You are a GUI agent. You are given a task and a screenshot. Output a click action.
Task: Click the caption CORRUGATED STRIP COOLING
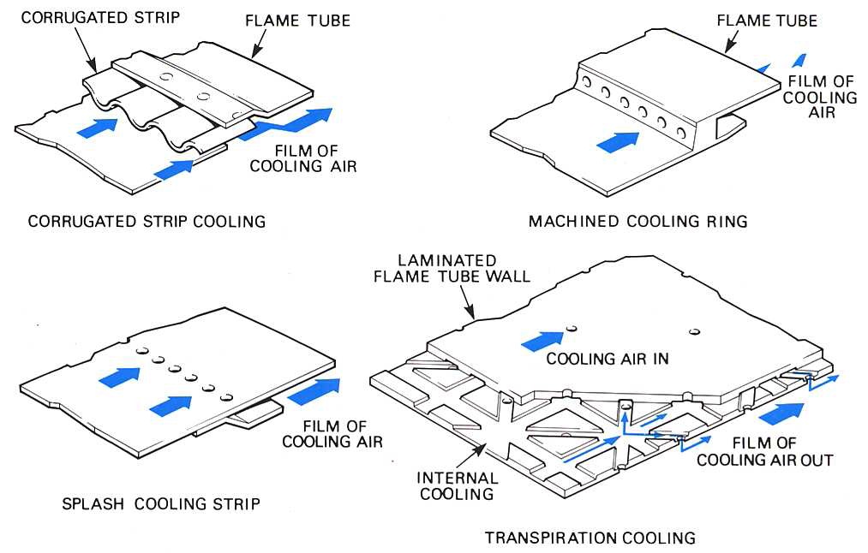pyautogui.click(x=147, y=222)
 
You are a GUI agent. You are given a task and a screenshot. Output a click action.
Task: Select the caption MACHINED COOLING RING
pyautogui.click(x=638, y=222)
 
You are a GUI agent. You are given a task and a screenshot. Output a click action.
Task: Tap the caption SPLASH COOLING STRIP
pyautogui.click(x=161, y=503)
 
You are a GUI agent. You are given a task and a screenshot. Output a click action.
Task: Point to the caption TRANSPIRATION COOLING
pyautogui.click(x=590, y=538)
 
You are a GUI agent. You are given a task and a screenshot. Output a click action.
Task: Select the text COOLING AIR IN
pyautogui.click(x=608, y=359)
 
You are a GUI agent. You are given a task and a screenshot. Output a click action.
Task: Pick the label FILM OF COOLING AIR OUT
pyautogui.click(x=764, y=452)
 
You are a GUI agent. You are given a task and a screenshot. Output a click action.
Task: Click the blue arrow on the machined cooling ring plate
pyautogui.click(x=618, y=141)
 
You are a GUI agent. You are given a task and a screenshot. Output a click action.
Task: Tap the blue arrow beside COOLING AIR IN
pyautogui.click(x=542, y=340)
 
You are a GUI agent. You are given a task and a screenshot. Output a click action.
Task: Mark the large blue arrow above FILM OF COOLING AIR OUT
pyautogui.click(x=782, y=413)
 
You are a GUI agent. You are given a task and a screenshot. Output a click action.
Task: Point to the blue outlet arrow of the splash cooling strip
pyautogui.click(x=314, y=390)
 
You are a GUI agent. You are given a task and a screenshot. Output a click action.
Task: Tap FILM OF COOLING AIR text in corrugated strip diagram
pyautogui.click(x=303, y=158)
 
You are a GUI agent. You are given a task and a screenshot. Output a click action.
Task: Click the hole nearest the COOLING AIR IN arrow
pyautogui.click(x=570, y=327)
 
